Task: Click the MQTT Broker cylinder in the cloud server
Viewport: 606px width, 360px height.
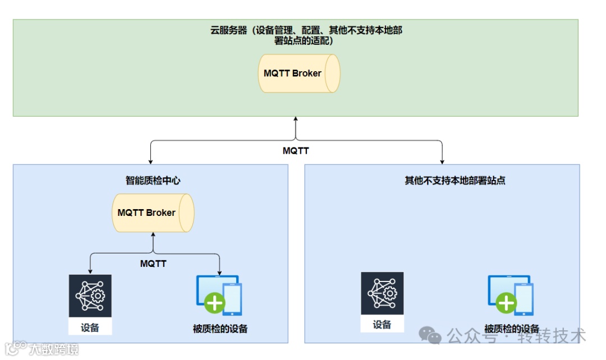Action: pos(299,73)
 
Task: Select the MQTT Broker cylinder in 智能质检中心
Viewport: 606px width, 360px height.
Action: pos(153,213)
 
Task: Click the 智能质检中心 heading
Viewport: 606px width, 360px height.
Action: pos(153,181)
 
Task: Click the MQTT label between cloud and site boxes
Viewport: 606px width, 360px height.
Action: pos(295,151)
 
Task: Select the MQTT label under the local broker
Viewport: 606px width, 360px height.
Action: pos(153,263)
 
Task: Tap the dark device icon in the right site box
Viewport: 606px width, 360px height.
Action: pos(382,293)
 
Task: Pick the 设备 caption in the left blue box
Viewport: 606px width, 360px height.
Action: pos(90,327)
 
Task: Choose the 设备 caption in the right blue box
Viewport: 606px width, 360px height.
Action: pos(382,325)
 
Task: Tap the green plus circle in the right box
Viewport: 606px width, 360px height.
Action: pos(507,303)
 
